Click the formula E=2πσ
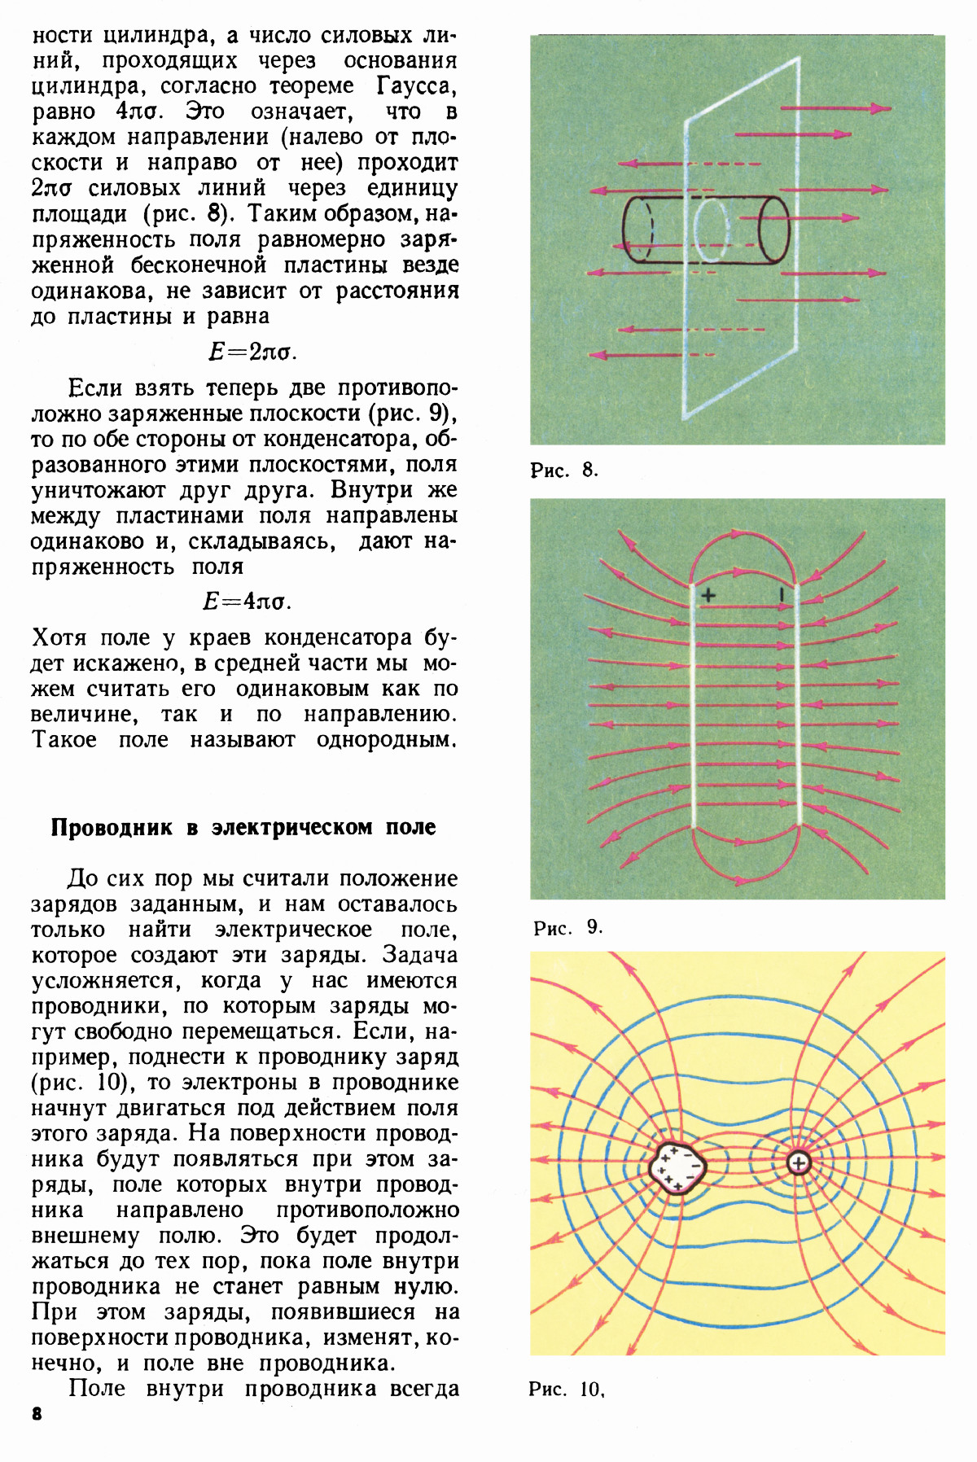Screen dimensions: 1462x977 (x=252, y=352)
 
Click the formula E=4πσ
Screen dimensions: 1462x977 (x=247, y=602)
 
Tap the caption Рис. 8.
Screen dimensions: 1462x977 (x=563, y=470)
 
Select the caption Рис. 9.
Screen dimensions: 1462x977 (x=567, y=927)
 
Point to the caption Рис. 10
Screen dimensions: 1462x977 (x=566, y=1389)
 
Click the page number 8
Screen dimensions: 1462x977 (x=37, y=1414)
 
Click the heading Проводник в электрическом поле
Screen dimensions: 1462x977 (x=243, y=827)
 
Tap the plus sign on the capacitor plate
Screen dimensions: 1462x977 (x=708, y=595)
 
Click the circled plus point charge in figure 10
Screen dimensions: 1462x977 (x=799, y=1163)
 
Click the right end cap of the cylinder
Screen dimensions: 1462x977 (x=773, y=230)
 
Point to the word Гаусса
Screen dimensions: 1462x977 (x=416, y=85)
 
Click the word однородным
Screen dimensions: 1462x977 (x=386, y=740)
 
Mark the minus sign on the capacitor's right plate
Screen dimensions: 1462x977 (x=781, y=594)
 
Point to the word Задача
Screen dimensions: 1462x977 (x=419, y=955)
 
